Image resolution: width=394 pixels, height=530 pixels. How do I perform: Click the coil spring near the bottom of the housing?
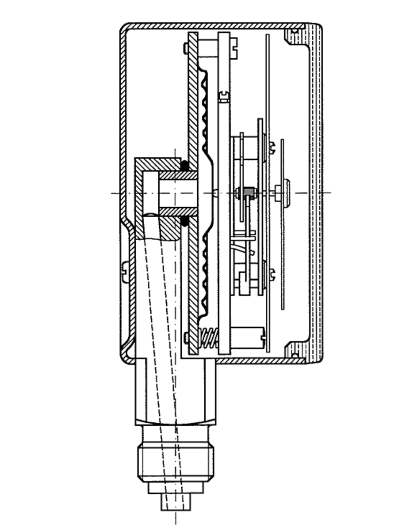209,338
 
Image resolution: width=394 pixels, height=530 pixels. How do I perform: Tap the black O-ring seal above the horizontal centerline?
184,166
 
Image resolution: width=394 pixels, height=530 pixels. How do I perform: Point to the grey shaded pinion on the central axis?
250,193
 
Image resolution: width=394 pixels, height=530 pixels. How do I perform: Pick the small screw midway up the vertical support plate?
224,95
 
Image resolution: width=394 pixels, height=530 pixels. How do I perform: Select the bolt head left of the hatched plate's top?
186,47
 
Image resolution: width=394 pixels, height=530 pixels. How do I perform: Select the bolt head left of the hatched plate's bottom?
186,338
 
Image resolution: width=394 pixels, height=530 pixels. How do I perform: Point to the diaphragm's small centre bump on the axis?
215,193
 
